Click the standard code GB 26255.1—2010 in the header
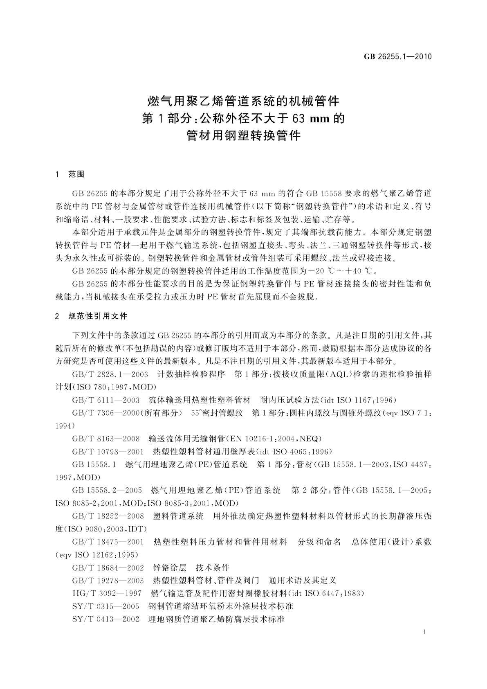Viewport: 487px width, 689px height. click(x=398, y=56)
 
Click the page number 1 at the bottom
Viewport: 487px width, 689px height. click(x=424, y=632)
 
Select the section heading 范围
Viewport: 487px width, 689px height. click(x=76, y=174)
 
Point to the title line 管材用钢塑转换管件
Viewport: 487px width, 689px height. click(x=243, y=135)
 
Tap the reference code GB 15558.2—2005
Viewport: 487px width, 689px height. click(x=107, y=490)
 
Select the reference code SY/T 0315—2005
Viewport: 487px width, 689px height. click(x=105, y=606)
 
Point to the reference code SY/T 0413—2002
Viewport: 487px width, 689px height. click(x=105, y=619)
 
